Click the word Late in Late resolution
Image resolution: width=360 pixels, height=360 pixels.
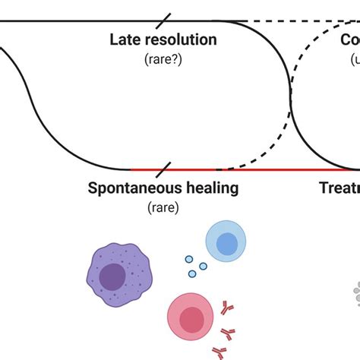128,40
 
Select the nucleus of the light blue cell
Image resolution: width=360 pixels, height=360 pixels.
226,243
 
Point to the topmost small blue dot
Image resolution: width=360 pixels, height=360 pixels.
190,259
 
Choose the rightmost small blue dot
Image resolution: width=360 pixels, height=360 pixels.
203,267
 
